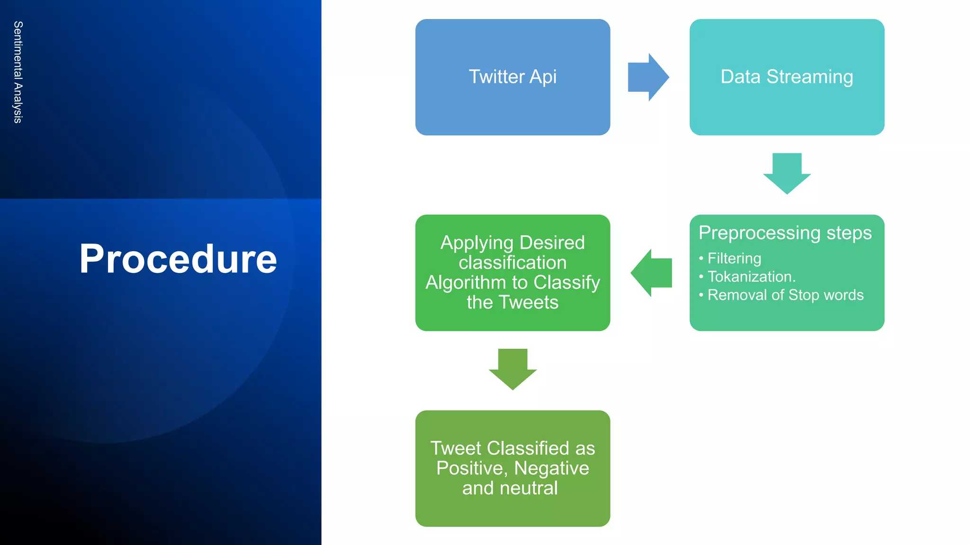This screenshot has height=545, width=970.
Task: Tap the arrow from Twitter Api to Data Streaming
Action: [647, 77]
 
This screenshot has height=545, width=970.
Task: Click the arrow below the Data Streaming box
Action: [787, 173]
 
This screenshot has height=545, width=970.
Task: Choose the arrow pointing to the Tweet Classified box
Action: [512, 369]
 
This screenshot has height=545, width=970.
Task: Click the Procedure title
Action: [178, 259]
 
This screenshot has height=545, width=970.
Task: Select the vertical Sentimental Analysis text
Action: [18, 72]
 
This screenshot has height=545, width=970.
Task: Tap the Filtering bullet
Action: [734, 258]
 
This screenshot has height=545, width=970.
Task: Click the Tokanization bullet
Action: [751, 277]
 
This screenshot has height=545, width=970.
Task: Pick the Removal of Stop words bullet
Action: [785, 295]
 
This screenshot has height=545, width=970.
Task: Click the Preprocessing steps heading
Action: [785, 233]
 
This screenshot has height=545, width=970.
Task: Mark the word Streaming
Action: [809, 77]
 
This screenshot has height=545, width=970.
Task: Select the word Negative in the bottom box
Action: [551, 468]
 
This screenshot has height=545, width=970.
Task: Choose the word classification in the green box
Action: [512, 263]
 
